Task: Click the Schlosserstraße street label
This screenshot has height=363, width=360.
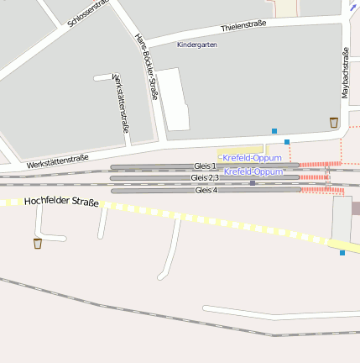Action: tap(88, 14)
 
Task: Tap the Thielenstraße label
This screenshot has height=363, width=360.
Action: tap(243, 26)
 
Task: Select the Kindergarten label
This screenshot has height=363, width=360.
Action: tap(196, 45)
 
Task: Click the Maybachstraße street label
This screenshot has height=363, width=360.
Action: tap(346, 73)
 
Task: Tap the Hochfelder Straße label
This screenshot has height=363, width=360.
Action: tap(61, 203)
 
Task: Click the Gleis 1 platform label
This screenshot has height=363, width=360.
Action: tap(205, 166)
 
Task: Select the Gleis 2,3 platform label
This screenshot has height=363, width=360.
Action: tap(205, 178)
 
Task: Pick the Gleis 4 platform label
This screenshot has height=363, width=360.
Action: tap(206, 191)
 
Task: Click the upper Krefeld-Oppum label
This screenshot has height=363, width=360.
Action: tap(252, 157)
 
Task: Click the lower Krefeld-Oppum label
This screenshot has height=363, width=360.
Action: tap(253, 171)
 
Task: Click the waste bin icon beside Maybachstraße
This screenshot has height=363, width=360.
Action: tap(334, 123)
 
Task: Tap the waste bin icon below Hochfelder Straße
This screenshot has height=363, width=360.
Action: tap(38, 244)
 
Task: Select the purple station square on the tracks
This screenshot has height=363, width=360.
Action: tap(253, 182)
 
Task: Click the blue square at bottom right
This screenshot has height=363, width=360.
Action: tap(342, 252)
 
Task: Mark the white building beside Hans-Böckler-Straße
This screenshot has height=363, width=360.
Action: tap(175, 99)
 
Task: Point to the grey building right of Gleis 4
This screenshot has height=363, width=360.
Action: tap(342, 218)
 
